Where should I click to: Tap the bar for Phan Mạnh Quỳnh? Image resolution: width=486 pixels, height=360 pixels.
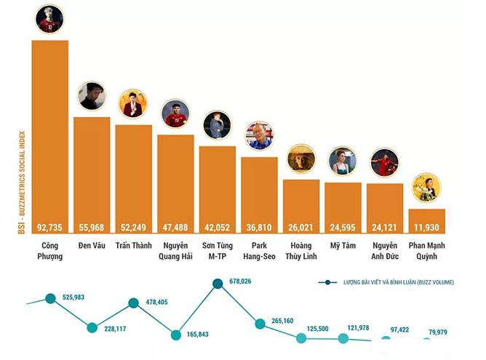(x=427, y=220)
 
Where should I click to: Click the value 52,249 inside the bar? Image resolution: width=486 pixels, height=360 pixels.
(x=133, y=227)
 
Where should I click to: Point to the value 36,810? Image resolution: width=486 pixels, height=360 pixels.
(x=259, y=227)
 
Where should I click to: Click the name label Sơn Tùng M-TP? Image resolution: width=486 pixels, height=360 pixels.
(x=217, y=250)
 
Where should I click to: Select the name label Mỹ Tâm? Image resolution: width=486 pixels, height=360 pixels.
(x=343, y=246)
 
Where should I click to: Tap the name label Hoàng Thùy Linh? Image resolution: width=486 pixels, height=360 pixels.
(x=300, y=250)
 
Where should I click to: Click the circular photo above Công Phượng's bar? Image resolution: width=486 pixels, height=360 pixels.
(x=49, y=19)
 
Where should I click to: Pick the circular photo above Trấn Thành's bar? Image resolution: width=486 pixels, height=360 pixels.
(x=133, y=104)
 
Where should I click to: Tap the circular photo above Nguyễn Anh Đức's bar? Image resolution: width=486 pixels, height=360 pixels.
(x=384, y=163)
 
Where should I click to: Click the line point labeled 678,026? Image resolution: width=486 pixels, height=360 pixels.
(x=218, y=283)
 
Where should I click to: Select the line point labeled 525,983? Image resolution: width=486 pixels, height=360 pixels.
(x=50, y=298)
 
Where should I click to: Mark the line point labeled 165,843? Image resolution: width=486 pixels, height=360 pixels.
(x=175, y=335)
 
